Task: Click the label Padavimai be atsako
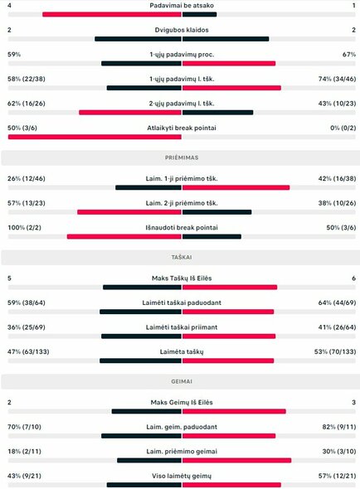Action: pyautogui.click(x=181, y=5)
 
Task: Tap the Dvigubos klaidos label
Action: pyautogui.click(x=181, y=30)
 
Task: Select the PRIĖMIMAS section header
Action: pyautogui.click(x=181, y=157)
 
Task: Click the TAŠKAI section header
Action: pyautogui.click(x=181, y=257)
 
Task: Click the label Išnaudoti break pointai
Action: pyautogui.click(x=181, y=227)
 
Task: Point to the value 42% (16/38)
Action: pyautogui.click(x=336, y=177)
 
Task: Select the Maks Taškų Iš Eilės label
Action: pyautogui.click(x=181, y=278)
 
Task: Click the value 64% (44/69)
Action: pyautogui.click(x=336, y=303)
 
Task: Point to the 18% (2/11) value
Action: pyautogui.click(x=25, y=451)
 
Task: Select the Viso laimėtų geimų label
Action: pyautogui.click(x=181, y=476)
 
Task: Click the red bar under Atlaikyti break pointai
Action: pyautogui.click(x=94, y=137)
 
